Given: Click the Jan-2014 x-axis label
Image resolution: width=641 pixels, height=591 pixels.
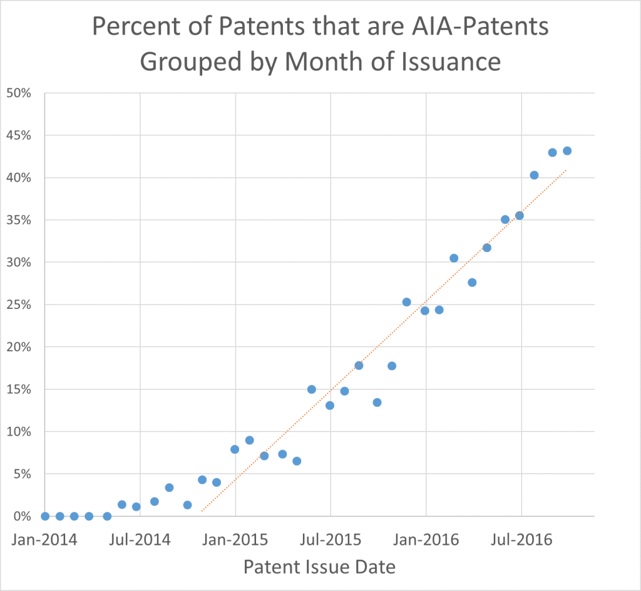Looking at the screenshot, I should [44, 539].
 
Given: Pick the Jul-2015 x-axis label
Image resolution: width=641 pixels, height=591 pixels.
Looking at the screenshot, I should [330, 539].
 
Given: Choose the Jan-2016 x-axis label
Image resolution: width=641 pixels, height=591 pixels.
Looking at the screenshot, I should [426, 539].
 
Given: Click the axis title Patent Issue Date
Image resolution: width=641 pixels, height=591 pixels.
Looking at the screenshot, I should [319, 567].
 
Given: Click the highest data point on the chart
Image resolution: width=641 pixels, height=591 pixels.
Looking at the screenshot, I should [567, 150].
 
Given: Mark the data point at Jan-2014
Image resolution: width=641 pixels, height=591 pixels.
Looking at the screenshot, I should [45, 516].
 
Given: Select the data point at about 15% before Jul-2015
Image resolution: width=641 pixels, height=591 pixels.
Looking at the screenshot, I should [312, 389].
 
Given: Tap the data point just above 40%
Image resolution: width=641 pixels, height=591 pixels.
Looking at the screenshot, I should [534, 175].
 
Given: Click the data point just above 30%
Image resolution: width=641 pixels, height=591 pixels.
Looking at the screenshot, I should [454, 258].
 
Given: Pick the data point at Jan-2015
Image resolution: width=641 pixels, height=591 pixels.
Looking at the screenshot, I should [235, 449].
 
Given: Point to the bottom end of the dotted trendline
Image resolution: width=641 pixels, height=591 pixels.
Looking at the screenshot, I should [201, 511].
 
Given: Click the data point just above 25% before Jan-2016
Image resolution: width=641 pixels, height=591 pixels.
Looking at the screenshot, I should [406, 302].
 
